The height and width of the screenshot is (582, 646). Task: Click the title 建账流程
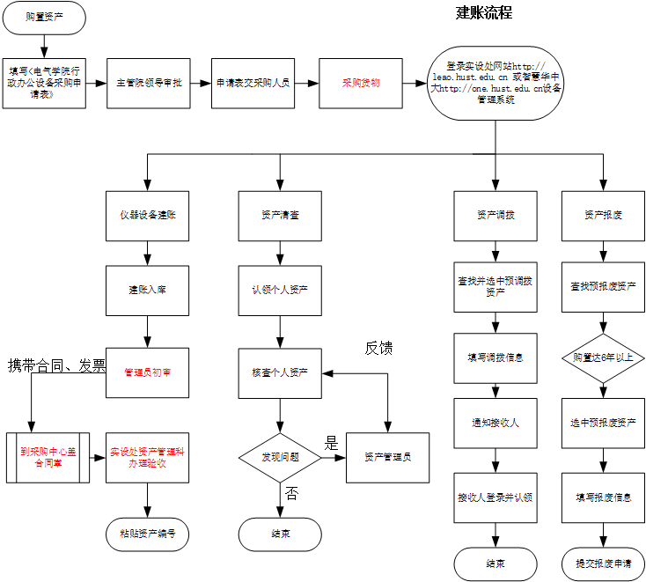483,13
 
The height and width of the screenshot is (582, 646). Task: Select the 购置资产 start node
44,17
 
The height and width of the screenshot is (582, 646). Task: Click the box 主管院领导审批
149,84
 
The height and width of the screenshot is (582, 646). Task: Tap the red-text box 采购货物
361,84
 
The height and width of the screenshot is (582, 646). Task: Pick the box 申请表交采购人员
253,84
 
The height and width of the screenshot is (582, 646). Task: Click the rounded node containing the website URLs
495,84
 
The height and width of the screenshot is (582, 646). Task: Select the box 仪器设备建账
147,216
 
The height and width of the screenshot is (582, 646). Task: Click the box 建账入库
147,290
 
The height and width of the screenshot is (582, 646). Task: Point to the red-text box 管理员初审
147,372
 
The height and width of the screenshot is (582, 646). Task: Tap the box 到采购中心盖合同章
48,457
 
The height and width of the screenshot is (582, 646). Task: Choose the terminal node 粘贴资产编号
147,534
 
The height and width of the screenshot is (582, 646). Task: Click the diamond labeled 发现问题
280,458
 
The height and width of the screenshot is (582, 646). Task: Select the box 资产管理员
387,457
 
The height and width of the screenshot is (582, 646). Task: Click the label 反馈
378,349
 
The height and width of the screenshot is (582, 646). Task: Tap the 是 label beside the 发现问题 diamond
331,444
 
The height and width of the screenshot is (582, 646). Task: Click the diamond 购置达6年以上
603,358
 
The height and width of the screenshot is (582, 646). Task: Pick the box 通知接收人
496,424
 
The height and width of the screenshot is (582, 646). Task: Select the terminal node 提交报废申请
603,564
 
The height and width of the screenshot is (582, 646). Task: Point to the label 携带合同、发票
56,365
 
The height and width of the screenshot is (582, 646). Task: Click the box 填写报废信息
603,497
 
